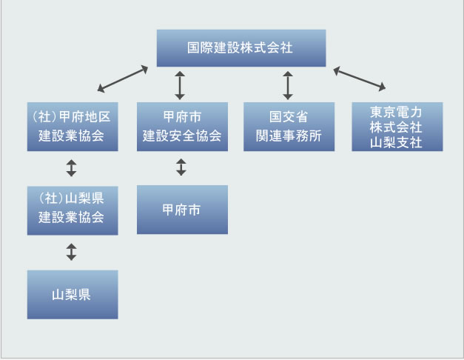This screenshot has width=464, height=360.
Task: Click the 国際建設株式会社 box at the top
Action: click(241, 48)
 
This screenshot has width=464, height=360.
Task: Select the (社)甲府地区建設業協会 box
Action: click(72, 127)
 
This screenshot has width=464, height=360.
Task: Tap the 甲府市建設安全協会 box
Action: click(182, 127)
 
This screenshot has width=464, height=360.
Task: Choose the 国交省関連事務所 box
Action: click(289, 127)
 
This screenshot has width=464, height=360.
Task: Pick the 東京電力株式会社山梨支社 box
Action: click(397, 127)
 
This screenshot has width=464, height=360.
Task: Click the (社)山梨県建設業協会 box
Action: click(72, 209)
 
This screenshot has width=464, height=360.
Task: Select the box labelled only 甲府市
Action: click(182, 209)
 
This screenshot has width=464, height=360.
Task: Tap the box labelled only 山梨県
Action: click(72, 295)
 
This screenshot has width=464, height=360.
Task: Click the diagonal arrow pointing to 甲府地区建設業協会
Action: click(123, 79)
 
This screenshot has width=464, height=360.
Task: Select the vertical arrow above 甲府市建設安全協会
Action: click(179, 85)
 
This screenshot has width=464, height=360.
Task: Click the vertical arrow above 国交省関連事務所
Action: click(288, 85)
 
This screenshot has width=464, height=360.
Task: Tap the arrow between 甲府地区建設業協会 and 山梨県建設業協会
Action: click(71, 168)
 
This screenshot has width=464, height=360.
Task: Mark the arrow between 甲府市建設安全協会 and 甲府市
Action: click(181, 167)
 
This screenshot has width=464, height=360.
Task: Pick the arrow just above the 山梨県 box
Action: click(71, 252)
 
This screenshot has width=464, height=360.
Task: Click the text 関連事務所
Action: click(289, 136)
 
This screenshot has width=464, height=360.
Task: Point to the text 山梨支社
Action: click(397, 142)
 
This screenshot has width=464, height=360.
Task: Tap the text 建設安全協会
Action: click(182, 136)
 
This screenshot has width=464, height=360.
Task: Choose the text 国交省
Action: click(289, 117)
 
